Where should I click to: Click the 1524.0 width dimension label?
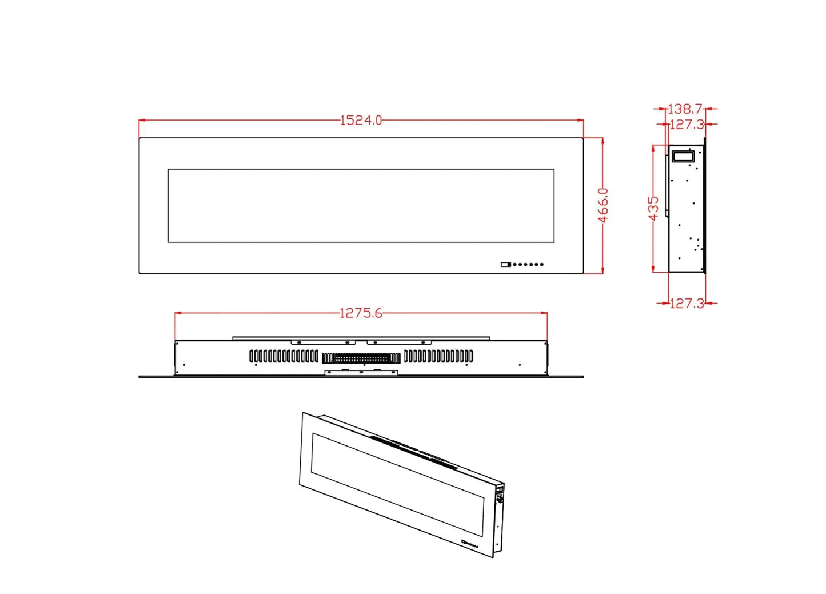361,120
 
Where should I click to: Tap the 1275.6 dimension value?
361,313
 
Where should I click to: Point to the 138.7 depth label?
685,108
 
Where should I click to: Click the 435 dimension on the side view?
653,208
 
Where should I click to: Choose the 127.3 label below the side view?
687,303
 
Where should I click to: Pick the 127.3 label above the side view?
687,124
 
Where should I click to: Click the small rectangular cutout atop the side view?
683,156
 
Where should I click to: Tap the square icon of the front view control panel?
505,264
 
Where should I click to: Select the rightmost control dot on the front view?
542,264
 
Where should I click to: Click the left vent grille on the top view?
284,356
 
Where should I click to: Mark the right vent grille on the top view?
438,356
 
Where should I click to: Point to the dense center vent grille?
361,358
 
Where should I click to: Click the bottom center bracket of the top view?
361,372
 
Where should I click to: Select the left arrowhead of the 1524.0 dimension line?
142,120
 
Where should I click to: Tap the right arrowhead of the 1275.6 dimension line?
545,313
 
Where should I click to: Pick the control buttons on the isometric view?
470,544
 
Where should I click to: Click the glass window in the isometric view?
397,483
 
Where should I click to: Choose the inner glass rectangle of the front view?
361,205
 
